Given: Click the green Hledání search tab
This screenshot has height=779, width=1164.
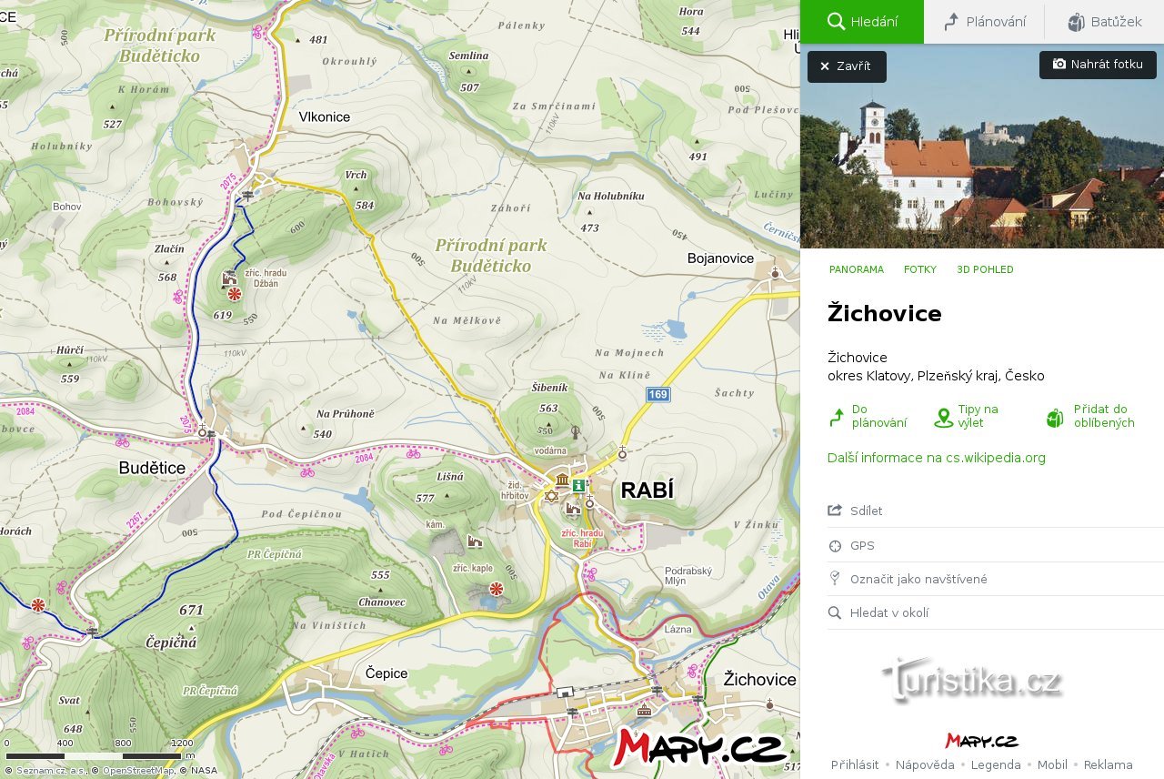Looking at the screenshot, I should [x=862, y=22].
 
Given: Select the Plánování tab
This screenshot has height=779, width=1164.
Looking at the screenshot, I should [x=985, y=22].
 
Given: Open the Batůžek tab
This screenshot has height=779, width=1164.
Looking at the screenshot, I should [x=1104, y=22].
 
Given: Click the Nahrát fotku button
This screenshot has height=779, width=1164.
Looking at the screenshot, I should [x=1098, y=65].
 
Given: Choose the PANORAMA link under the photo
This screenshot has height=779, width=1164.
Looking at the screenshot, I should [x=856, y=269].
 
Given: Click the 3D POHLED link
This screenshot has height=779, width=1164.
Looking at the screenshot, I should [x=985, y=269].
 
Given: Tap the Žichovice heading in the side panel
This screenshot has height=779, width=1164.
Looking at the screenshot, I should [x=884, y=314].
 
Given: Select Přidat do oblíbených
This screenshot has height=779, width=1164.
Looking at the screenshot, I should [x=1103, y=416].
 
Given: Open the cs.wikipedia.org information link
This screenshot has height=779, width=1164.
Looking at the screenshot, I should [x=936, y=458].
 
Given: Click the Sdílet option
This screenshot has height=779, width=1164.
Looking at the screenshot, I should [x=866, y=511].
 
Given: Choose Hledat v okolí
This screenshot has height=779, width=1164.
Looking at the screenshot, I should [x=888, y=612].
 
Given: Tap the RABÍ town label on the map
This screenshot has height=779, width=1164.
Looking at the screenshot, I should [x=647, y=491].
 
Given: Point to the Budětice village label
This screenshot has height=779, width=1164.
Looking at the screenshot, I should [x=152, y=468].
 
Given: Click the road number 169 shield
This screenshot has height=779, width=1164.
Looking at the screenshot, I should [x=658, y=394].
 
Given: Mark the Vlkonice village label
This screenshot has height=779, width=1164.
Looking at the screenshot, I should [x=324, y=117].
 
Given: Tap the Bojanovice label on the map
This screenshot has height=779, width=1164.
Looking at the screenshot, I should [x=720, y=258].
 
